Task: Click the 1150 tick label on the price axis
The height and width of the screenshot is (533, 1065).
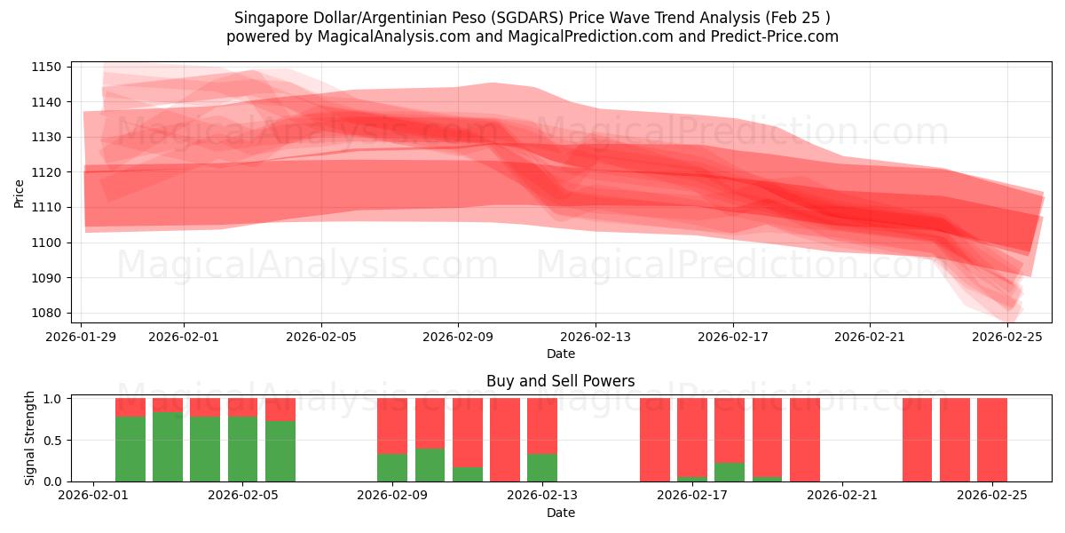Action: pos(46,68)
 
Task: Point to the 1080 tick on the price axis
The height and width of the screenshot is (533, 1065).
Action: pos(46,313)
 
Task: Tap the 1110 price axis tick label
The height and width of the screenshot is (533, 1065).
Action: pos(46,207)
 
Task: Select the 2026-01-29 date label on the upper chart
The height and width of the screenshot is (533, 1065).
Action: pos(82,337)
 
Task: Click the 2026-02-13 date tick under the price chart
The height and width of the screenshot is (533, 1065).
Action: pos(596,337)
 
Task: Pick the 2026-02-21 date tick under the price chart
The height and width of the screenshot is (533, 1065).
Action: pos(870,337)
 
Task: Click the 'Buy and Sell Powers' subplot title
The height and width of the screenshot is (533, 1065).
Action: pos(560,381)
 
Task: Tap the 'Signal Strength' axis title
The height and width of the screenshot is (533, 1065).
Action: pos(30,439)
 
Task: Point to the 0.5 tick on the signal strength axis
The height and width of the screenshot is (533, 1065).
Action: pos(51,440)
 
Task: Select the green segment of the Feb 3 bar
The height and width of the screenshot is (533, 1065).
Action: pos(168,447)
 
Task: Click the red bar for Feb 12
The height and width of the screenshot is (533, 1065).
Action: pos(505,440)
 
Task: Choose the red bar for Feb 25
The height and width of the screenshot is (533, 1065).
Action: pos(992,440)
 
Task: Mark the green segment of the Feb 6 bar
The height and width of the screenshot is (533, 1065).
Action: pos(280,451)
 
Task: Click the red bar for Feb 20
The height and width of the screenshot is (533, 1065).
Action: pos(805,440)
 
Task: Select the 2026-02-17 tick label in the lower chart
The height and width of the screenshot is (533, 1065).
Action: pos(692,495)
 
